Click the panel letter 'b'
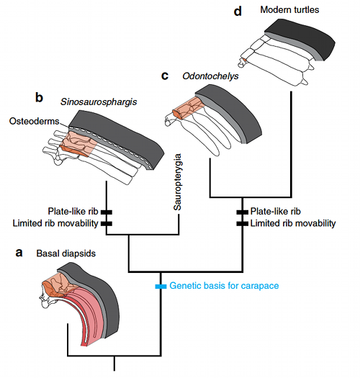40,96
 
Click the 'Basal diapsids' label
69,254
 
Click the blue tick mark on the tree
161,286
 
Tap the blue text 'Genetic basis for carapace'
224,286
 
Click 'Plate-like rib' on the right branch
279,212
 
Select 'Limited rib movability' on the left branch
55,223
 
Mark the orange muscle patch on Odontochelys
188,107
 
